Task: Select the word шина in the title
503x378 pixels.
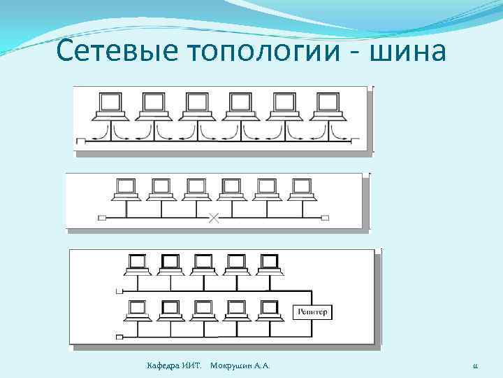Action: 411,51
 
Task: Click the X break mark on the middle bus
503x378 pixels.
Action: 214,218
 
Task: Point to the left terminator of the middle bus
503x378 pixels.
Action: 102,218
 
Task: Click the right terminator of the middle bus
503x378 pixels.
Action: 325,218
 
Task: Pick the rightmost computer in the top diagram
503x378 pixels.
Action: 325,104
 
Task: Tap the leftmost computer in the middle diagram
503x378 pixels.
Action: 126,188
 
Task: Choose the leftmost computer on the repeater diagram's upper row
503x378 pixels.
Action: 137,263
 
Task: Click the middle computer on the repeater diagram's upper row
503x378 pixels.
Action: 203,263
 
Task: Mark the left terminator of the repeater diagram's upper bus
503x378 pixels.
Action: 119,290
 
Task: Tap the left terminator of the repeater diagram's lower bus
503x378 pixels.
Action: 119,337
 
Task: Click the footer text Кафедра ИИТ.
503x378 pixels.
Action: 174,366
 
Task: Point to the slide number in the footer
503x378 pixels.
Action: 474,366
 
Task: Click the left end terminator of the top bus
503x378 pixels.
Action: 80,141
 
